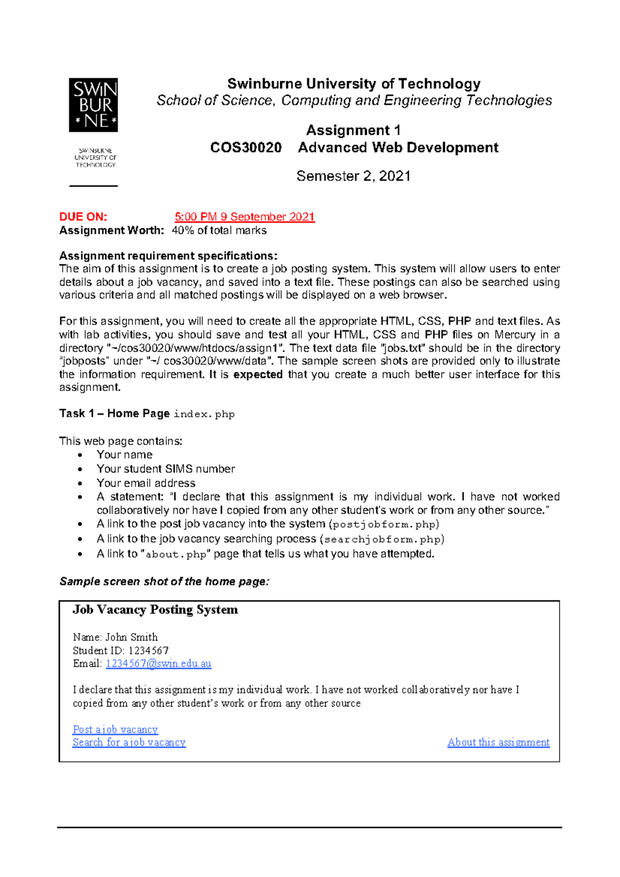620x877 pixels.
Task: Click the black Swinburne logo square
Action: pos(94,105)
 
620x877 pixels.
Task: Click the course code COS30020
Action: pos(246,148)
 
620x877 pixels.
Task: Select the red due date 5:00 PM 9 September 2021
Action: pos(244,217)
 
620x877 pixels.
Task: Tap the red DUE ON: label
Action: pos(83,217)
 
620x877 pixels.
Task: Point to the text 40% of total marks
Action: pos(219,230)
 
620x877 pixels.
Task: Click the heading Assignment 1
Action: pos(353,130)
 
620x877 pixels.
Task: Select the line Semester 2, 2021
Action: pos(353,176)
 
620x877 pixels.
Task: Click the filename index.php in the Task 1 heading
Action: pos(204,414)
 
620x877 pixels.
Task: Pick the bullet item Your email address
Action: pos(146,483)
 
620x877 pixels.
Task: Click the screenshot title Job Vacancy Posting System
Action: pos(155,609)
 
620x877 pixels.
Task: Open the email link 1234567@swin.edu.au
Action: pos(159,664)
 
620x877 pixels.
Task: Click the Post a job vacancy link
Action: pos(115,729)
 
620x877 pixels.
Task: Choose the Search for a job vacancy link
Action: pos(129,742)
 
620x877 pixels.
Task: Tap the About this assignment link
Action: pos(498,742)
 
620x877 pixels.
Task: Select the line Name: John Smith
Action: pos(115,637)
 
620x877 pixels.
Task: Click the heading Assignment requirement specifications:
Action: pos(168,256)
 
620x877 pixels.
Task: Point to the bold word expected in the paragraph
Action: pos(258,374)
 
